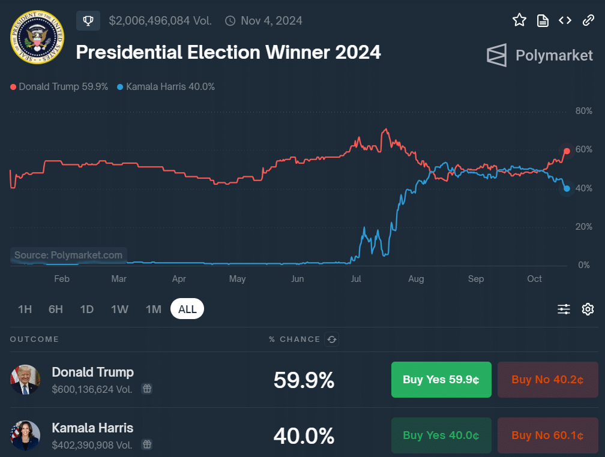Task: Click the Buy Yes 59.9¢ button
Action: tap(441, 380)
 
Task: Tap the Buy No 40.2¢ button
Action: tap(547, 380)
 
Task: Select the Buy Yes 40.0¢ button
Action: tap(441, 435)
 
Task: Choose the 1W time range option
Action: tap(119, 309)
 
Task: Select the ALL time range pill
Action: tap(187, 309)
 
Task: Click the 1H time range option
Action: tap(25, 309)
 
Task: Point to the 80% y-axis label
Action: tap(583, 111)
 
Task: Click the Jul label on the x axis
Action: tap(356, 279)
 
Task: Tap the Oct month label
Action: tap(534, 279)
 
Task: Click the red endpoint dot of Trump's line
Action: tap(567, 151)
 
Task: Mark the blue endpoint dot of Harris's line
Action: tap(567, 188)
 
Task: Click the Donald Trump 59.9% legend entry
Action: tap(59, 86)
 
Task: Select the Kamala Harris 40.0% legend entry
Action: tap(166, 86)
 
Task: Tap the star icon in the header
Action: tap(519, 20)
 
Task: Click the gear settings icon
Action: tap(588, 309)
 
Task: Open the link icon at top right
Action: tap(588, 20)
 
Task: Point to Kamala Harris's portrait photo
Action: tap(25, 435)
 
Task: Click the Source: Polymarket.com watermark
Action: tap(68, 255)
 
